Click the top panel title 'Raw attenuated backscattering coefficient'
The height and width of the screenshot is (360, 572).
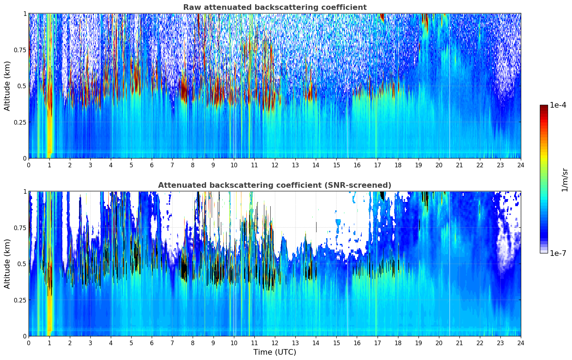275,7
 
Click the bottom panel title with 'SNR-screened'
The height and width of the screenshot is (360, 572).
275,185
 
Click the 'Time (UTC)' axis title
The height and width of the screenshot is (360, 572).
275,352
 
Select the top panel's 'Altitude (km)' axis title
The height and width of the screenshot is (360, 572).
7,86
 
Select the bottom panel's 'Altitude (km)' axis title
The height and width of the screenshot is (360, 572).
7,264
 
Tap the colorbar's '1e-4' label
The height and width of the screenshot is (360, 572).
558,106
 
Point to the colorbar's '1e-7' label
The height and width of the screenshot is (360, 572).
558,253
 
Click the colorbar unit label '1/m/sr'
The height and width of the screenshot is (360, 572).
565,180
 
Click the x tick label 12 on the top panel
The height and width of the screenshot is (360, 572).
275,165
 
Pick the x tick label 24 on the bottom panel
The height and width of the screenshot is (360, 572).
520,343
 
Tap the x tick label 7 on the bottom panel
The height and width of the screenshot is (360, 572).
172,343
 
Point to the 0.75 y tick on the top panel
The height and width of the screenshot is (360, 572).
20,50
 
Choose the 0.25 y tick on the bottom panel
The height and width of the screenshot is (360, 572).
20,300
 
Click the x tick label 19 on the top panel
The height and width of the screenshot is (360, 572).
418,165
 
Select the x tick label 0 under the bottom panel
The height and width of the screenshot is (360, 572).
29,343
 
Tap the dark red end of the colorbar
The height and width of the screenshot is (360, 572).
543,107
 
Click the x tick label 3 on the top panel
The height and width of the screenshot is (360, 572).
90,165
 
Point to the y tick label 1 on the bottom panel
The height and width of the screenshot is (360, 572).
25,192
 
